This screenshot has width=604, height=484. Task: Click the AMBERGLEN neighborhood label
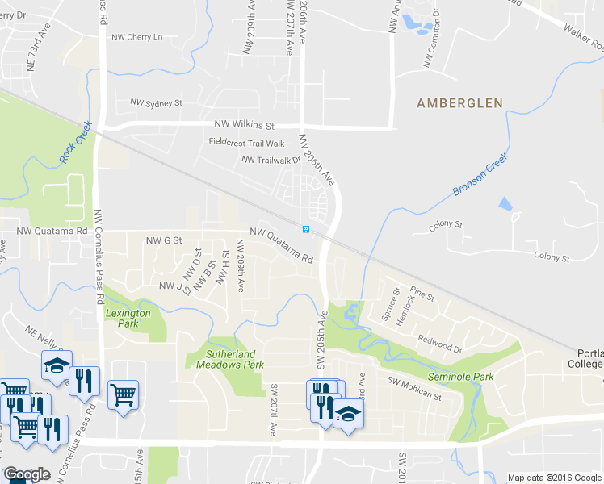click(459, 103)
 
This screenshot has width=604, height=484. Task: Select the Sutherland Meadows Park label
click(230, 359)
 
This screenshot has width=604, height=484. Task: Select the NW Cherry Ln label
click(136, 37)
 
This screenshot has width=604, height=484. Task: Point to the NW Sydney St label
click(157, 103)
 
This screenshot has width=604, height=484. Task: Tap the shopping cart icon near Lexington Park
click(123, 394)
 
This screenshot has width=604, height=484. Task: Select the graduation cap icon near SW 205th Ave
click(348, 413)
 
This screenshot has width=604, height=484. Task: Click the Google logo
click(26, 474)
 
